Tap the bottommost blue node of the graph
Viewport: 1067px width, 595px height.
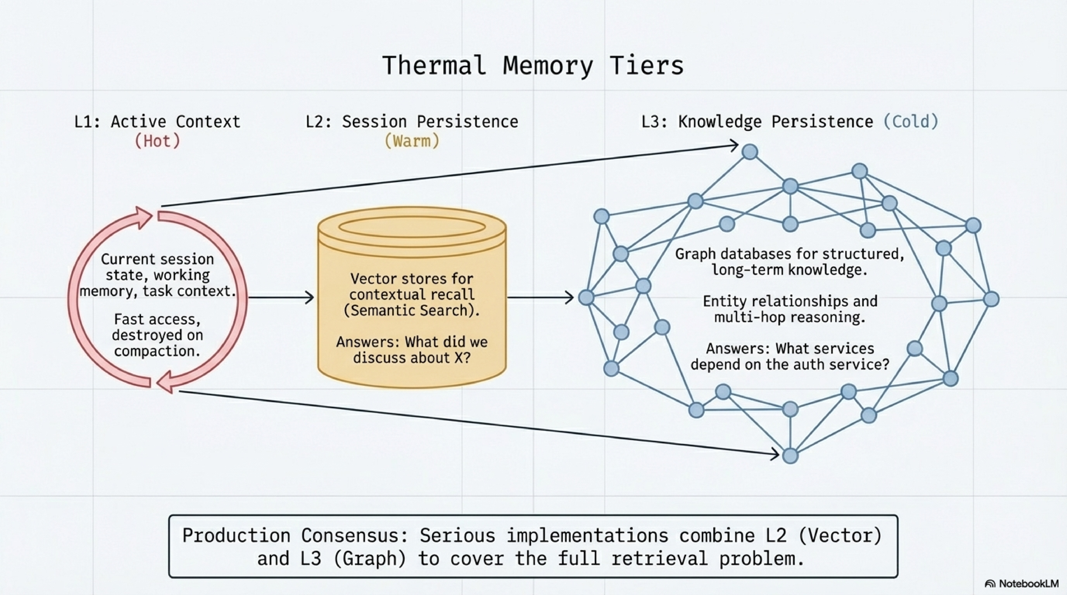tap(790, 456)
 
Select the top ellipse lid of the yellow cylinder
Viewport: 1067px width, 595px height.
tap(412, 227)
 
